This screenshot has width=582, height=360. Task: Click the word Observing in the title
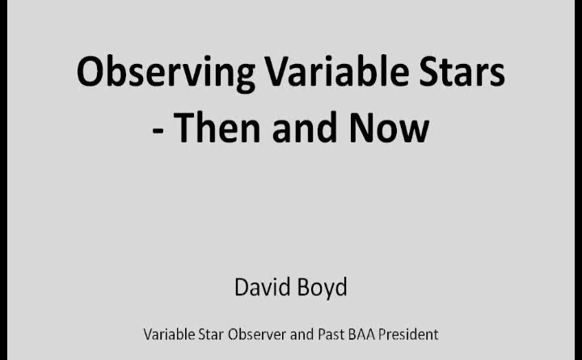[x=166, y=73]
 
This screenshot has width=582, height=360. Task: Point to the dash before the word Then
[x=158, y=131]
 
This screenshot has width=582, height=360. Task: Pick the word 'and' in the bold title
[x=305, y=127]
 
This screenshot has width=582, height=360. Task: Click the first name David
[x=259, y=287]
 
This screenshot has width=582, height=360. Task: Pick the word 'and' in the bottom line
[x=302, y=334]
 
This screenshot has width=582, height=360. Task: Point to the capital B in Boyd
[x=298, y=287]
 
